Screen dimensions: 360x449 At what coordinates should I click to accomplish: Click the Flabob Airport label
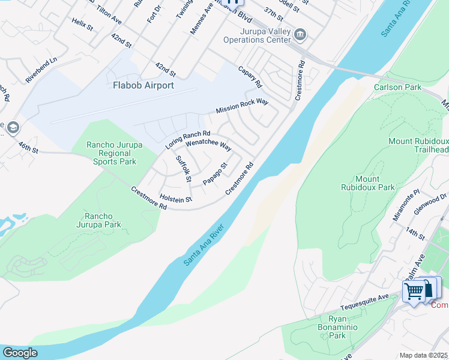tap(143, 85)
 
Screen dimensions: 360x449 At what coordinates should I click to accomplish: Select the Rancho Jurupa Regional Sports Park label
tap(112, 153)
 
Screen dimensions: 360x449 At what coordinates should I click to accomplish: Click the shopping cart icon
tap(414, 292)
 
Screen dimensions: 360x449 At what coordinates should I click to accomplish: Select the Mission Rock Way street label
tap(242, 107)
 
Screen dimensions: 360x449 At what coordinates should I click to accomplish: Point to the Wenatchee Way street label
tap(208, 145)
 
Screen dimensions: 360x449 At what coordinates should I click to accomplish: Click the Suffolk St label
tap(183, 169)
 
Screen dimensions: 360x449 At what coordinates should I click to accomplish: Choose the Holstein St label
tap(176, 199)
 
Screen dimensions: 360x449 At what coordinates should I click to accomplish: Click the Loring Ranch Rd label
tap(187, 140)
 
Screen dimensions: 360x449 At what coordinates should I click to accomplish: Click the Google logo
tap(20, 353)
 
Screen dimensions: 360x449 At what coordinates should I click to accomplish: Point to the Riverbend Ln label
tap(41, 70)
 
